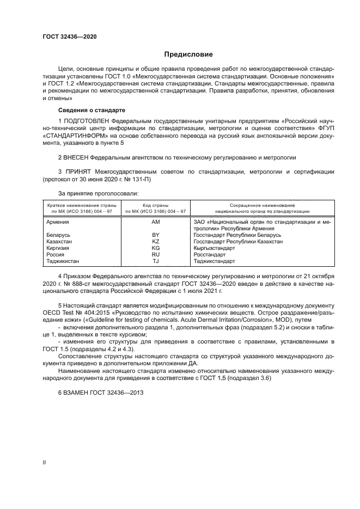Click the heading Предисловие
point(189,54)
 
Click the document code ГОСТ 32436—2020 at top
point(70,36)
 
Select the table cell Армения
point(57,223)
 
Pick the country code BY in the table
point(155,235)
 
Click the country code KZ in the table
point(155,241)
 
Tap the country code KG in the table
point(155,248)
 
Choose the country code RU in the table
point(155,254)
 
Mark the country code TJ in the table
point(155,261)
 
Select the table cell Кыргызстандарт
point(214,248)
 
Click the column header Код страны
point(155,205)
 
